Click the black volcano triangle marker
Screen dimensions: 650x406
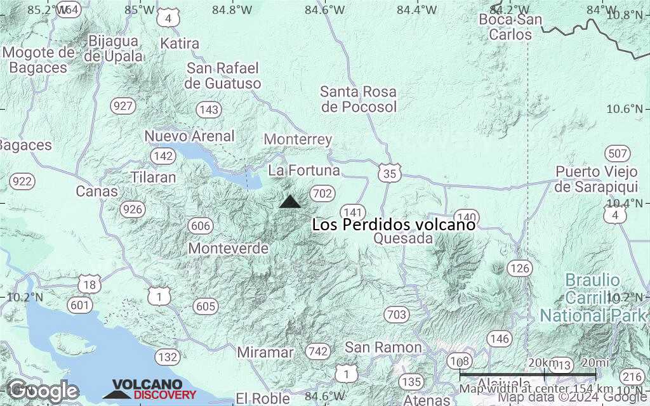click(290, 202)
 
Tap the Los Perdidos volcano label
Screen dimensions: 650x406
click(394, 225)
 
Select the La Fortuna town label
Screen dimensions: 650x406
click(304, 171)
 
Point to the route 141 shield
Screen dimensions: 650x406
click(352, 212)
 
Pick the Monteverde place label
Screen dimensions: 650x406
click(228, 248)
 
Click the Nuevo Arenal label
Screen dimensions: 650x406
click(190, 136)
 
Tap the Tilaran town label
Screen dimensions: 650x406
click(153, 177)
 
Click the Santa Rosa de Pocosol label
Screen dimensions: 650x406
click(359, 100)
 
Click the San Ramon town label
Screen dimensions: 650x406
click(383, 347)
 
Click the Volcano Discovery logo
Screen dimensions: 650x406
click(150, 390)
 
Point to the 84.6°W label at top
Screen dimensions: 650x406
click(325, 10)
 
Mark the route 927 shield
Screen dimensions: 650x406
click(122, 106)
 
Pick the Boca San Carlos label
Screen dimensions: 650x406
click(510, 27)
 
